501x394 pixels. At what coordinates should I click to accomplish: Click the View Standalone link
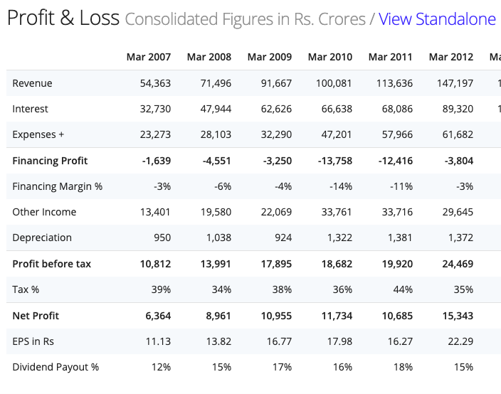point(437,19)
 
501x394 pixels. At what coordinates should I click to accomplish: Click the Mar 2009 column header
point(270,57)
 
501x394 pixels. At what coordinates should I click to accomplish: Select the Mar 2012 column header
point(451,57)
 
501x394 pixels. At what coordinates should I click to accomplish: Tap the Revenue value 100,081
point(334,83)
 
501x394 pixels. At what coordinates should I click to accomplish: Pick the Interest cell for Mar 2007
point(152,109)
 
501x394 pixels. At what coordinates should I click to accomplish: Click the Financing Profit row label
point(50,161)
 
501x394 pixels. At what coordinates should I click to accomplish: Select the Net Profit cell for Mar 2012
point(455,316)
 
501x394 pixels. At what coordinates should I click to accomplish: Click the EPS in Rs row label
point(33,341)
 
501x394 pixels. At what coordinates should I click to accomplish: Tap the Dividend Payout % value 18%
point(403,367)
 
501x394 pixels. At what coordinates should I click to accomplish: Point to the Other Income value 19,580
point(213,212)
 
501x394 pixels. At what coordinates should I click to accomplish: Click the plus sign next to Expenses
point(61,135)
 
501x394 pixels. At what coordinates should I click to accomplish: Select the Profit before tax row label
point(52,264)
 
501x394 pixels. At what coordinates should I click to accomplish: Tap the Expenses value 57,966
point(395,135)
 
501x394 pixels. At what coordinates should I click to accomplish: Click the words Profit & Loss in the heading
point(63,18)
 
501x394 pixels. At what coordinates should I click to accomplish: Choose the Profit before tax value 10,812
point(152,264)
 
